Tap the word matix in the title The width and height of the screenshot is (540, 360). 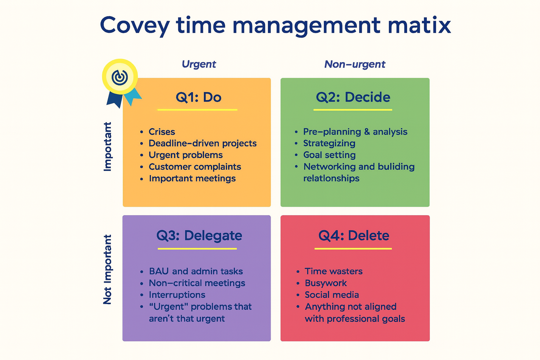click(x=419, y=25)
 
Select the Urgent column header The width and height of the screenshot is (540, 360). click(x=199, y=64)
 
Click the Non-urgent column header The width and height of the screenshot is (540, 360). click(x=355, y=64)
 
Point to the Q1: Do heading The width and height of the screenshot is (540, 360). click(x=198, y=97)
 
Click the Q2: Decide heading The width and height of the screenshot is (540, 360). click(x=353, y=97)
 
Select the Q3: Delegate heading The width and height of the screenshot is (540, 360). click(x=199, y=236)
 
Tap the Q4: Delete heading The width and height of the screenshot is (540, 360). click(x=354, y=236)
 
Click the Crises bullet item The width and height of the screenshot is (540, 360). click(x=162, y=131)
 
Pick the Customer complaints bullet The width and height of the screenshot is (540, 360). click(x=195, y=167)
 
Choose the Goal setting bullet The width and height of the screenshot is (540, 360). click(x=329, y=155)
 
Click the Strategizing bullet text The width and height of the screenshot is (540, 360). click(x=329, y=143)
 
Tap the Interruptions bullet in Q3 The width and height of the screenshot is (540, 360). click(x=177, y=295)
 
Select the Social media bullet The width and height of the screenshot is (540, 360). click(x=332, y=295)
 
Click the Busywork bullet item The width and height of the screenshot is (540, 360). click(x=326, y=283)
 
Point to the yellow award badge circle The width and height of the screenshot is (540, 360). click(x=120, y=77)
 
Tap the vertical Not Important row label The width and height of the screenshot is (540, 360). click(x=107, y=270)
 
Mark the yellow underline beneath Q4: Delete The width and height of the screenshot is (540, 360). click(x=353, y=249)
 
